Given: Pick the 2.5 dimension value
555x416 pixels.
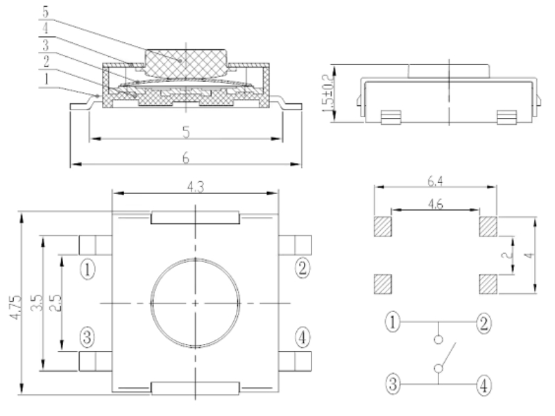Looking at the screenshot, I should pyautogui.click(x=56, y=304).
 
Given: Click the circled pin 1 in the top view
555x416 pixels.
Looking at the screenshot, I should pyautogui.click(x=87, y=267).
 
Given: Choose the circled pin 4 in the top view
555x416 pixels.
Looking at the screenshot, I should pyautogui.click(x=302, y=337).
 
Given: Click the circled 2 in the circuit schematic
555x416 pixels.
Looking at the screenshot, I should pyautogui.click(x=482, y=322).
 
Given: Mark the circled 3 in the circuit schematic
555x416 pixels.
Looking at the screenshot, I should pyautogui.click(x=393, y=382).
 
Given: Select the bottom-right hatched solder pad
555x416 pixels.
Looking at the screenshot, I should pyautogui.click(x=489, y=284).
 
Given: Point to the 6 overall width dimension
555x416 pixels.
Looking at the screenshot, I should pyautogui.click(x=185, y=158).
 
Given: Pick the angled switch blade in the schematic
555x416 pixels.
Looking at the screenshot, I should pyautogui.click(x=445, y=354).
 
